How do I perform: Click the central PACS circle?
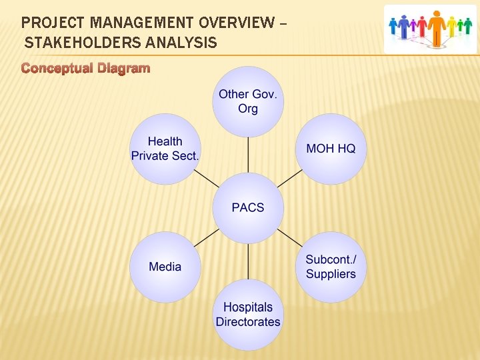[x=248, y=208]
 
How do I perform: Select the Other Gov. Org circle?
[x=248, y=102]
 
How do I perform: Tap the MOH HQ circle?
[x=331, y=149]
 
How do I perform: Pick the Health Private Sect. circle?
[x=165, y=149]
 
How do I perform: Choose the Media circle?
[x=165, y=267]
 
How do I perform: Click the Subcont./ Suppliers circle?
[x=331, y=267]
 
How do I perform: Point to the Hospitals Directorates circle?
[x=248, y=315]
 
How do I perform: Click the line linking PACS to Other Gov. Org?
[x=248, y=155]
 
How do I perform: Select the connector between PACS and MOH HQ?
[x=289, y=178]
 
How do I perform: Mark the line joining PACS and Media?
[x=207, y=237]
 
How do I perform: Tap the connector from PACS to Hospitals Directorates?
[x=248, y=261]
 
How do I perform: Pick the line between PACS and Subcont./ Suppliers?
[x=289, y=237]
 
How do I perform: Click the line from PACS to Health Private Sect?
[x=207, y=178]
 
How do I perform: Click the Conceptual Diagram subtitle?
[x=85, y=68]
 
